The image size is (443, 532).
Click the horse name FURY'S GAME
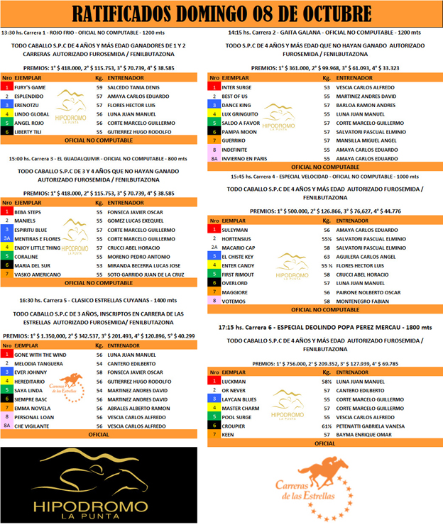pos(31,87)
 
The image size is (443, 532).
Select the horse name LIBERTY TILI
pos(31,132)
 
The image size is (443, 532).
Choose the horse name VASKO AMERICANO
pos(37,274)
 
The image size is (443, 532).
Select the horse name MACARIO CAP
pos(239,248)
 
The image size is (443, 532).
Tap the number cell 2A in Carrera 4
pos(214,248)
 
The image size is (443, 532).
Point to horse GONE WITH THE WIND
pos(40,354)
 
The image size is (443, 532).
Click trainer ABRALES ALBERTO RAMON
pos(138,409)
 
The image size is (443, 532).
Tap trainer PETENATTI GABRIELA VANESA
pos(371,426)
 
